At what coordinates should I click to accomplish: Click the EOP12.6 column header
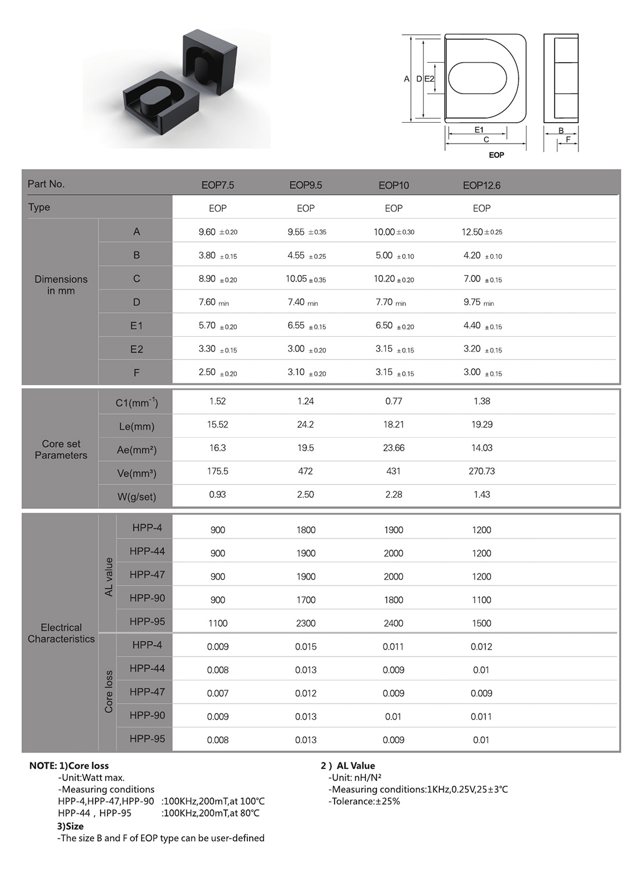coord(481,186)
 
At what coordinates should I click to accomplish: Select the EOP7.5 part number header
coord(218,186)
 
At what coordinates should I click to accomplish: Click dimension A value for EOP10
coord(393,232)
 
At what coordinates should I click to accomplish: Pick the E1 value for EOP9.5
coord(306,326)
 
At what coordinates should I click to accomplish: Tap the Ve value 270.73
coord(481,471)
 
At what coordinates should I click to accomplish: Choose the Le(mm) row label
coord(136,426)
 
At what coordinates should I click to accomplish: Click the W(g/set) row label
coord(136,497)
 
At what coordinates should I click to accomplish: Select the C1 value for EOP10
coord(393,401)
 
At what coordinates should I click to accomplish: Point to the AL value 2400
coord(393,623)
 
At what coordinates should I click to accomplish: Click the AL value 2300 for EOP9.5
coord(305,623)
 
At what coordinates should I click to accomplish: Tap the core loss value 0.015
coord(305,647)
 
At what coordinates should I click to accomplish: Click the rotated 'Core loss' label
coord(108,692)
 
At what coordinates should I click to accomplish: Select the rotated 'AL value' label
coord(108,576)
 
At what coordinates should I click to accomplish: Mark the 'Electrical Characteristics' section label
coord(61,633)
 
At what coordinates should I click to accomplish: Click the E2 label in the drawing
coord(429,79)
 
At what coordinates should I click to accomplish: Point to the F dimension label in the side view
coord(568,140)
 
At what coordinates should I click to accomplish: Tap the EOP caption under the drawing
coord(496,155)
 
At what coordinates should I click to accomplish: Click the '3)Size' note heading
coord(70,826)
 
